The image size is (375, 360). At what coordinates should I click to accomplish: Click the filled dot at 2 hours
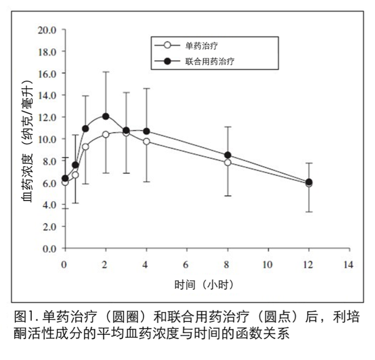point(106,116)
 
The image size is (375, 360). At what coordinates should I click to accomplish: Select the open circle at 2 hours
point(106,134)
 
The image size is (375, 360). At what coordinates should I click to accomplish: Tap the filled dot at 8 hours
point(228,155)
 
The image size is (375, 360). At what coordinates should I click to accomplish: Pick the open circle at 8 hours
point(228,163)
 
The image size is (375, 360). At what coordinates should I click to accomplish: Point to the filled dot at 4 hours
point(146,131)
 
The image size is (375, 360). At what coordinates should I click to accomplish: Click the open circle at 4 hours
point(146,141)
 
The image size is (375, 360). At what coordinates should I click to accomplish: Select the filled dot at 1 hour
point(85,128)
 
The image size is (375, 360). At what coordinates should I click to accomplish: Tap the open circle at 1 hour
point(85,147)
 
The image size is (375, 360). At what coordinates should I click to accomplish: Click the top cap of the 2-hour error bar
point(106,72)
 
